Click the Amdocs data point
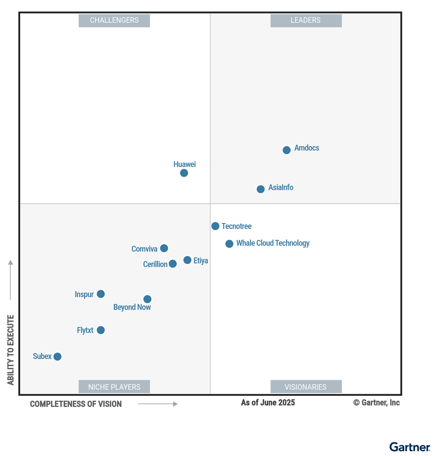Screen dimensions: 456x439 tap(287, 150)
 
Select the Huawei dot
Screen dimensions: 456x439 tap(184, 173)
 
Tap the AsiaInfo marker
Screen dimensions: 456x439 tap(260, 189)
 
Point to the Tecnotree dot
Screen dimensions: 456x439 tap(215, 226)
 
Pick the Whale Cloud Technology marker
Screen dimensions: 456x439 tap(229, 244)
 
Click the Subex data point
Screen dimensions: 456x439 tap(57, 356)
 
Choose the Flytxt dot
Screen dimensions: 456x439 tap(101, 330)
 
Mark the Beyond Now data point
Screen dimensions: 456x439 tap(147, 299)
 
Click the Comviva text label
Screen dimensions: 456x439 tap(144, 249)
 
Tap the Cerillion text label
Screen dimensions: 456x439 tap(155, 264)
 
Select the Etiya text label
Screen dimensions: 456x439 tap(201, 261)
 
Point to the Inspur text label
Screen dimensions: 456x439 tap(84, 294)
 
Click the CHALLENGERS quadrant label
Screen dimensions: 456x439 tap(114, 21)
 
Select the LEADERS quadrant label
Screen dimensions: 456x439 tap(306, 21)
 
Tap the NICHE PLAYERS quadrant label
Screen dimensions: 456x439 tap(114, 387)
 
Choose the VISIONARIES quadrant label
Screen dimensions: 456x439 tap(306, 387)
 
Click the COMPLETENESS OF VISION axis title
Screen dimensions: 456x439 tap(76, 404)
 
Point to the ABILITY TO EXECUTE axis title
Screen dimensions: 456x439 tap(11, 350)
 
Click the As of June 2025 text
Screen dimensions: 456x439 tap(268, 403)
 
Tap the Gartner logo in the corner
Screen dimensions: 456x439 tap(410, 447)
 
